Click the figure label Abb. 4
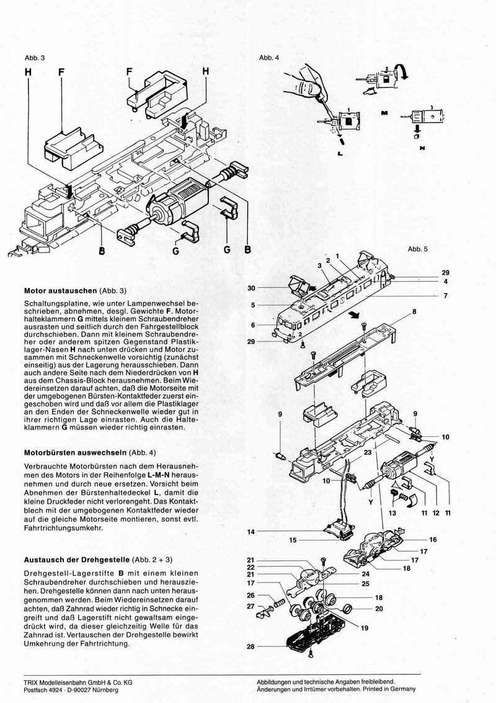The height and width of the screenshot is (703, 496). point(268,58)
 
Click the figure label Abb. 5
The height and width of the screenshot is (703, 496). point(417,249)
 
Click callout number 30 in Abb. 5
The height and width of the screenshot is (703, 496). point(251,288)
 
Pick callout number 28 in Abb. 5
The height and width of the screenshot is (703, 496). point(250,647)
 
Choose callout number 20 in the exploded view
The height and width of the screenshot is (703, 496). point(379,608)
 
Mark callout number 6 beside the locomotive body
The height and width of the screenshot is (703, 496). point(254,325)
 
